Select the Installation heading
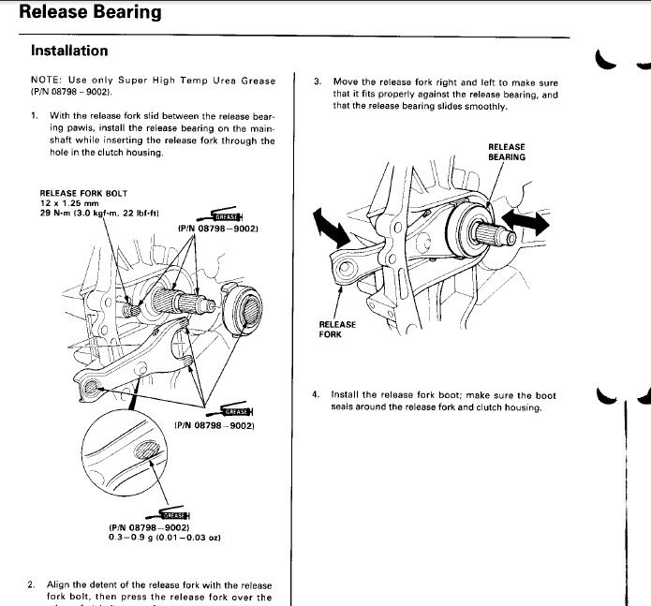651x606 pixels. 69,51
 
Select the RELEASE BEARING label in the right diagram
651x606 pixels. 507,152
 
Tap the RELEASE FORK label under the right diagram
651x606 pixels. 337,330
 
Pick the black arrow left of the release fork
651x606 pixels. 324,226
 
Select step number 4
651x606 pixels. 317,394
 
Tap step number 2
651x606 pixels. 32,585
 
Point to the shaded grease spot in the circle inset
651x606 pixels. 147,455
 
